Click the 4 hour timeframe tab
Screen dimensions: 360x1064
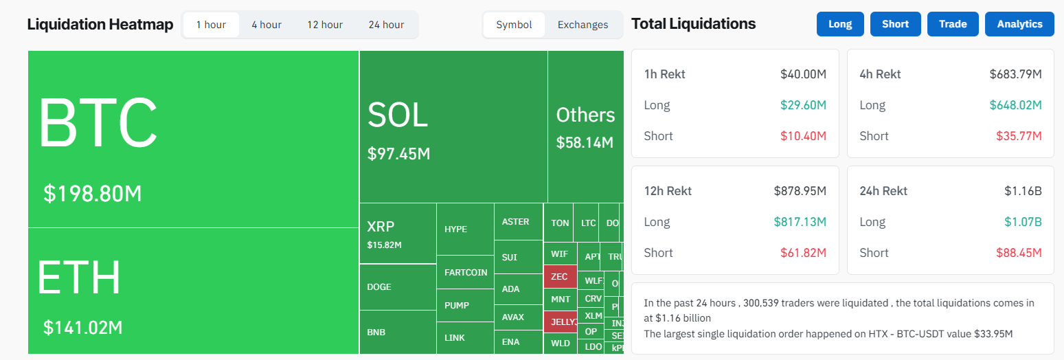[x=266, y=25]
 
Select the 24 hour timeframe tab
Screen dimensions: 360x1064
[x=385, y=25]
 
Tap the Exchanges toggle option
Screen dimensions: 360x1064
[x=582, y=25]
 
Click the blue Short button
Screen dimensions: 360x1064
[x=895, y=24]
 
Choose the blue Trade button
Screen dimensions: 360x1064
[x=952, y=24]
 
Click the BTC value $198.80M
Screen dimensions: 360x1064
[x=93, y=194]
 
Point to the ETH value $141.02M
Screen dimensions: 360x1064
[x=83, y=328]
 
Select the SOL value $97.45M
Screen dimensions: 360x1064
[x=398, y=154]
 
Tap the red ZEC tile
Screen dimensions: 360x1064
[x=560, y=277]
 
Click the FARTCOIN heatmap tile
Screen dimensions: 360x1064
[x=466, y=272]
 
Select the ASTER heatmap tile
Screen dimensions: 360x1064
[x=515, y=222]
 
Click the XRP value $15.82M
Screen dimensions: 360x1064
[x=384, y=245]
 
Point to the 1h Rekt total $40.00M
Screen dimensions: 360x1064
[x=803, y=74]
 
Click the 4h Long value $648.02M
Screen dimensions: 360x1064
[x=1015, y=105]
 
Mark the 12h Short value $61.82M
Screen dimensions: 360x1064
[x=803, y=253]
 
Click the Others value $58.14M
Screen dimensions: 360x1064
[x=585, y=143]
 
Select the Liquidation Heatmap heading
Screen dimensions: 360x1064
[x=100, y=25]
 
